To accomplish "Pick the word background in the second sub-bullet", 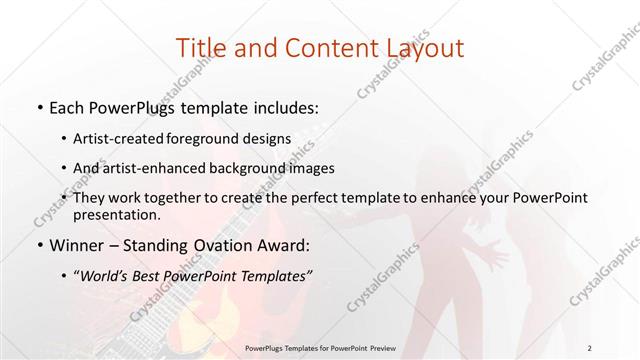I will tap(248, 168).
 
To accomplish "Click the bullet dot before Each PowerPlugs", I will tap(38, 104).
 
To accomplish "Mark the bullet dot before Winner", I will tap(38, 245).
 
